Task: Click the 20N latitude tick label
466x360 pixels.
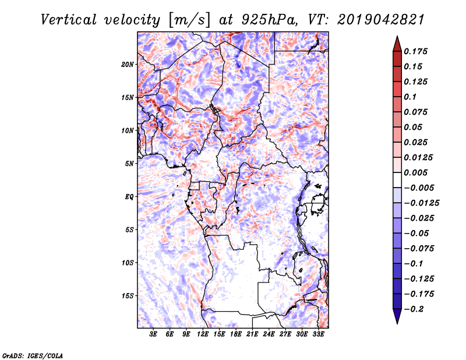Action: [127, 65]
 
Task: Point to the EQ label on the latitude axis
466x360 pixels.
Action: [129, 197]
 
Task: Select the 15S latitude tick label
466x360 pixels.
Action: [128, 296]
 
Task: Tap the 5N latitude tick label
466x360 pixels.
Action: [129, 164]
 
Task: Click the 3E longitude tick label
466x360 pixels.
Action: [153, 334]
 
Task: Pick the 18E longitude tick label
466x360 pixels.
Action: [236, 334]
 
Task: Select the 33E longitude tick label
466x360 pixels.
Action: [318, 334]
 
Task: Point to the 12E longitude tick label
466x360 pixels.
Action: [203, 334]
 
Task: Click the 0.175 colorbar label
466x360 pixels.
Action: [415, 51]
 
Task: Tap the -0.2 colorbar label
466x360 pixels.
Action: [414, 309]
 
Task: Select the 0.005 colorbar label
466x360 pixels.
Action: [415, 172]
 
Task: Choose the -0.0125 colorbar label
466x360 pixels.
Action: [421, 203]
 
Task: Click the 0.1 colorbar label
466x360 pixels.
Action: [410, 97]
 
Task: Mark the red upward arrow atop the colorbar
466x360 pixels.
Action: [397, 44]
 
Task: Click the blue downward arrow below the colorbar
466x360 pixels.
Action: [397, 316]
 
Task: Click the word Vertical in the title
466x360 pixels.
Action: [69, 20]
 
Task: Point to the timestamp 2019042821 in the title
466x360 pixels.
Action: [381, 20]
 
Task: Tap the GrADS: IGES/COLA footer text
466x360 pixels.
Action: [33, 356]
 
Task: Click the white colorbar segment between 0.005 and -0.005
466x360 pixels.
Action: [397, 180]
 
